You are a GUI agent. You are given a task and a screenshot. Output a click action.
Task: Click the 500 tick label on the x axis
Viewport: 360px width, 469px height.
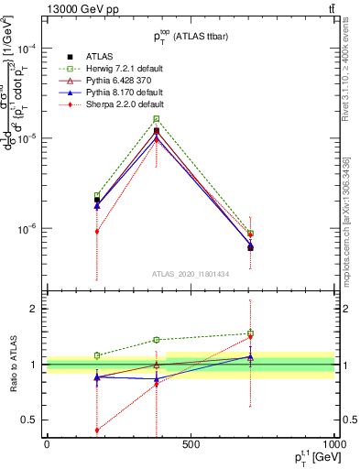191,444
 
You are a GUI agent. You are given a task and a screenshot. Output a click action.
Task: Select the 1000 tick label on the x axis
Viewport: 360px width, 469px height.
332,444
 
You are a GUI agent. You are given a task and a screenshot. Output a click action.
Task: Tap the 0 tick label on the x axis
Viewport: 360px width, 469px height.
47,444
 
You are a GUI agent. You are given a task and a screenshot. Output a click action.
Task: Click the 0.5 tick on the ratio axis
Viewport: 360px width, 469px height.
34,420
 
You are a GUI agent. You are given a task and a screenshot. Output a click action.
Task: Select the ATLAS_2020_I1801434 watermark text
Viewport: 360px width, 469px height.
191,274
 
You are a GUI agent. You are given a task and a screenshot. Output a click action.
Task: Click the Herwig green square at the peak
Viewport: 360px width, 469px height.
157,119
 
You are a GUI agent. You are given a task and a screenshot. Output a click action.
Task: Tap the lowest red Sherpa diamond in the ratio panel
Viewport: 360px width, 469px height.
96,431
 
